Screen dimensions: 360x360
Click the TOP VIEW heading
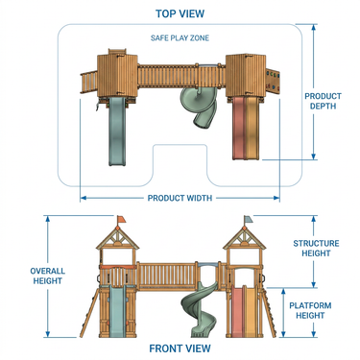point(180,13)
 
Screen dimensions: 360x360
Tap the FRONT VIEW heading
point(180,348)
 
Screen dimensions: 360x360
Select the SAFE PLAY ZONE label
point(180,37)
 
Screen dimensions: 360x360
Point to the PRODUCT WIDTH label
point(180,198)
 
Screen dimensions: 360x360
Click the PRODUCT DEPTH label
point(323,101)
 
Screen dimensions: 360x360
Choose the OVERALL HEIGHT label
point(48,276)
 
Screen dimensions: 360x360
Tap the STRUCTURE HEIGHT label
point(316,249)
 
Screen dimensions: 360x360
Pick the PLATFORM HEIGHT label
point(310,310)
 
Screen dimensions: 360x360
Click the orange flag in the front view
point(121,219)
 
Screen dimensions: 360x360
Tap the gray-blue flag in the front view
point(249,219)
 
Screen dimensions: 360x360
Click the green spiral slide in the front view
point(200,310)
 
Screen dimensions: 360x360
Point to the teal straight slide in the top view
point(117,132)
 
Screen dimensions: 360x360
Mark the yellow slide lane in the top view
point(251,128)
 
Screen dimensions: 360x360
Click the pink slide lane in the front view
point(237,312)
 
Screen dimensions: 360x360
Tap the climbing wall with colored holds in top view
point(273,81)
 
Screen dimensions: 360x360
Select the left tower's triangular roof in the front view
point(118,238)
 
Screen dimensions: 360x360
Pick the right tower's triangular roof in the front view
point(245,238)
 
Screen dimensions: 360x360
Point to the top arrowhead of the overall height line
point(48,219)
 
